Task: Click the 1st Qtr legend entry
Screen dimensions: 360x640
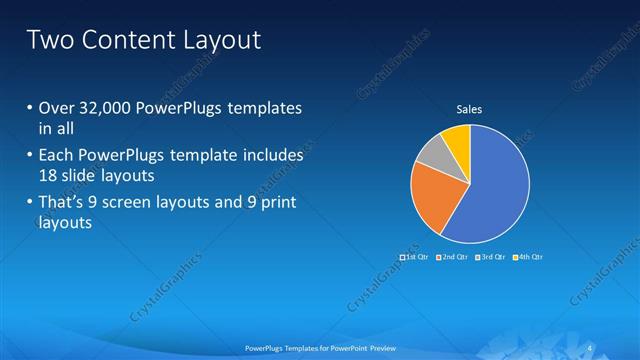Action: point(415,257)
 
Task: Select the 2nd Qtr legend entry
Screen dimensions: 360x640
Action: point(455,257)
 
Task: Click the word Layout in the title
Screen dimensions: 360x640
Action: point(217,41)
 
